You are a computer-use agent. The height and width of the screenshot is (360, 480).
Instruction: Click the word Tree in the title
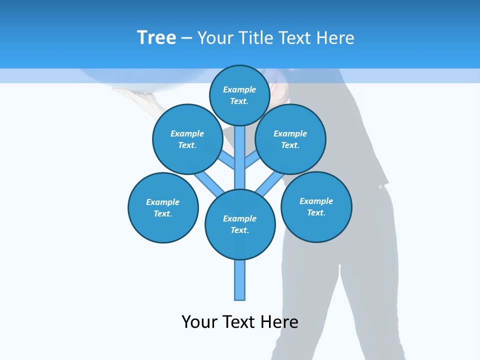(x=156, y=37)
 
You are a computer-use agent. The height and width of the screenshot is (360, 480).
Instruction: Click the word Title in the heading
(x=255, y=38)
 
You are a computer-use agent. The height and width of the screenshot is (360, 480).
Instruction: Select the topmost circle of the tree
(x=240, y=95)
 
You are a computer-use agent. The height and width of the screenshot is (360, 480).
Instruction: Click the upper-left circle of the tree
(x=187, y=139)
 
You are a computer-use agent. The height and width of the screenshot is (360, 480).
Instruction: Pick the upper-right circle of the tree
(x=290, y=139)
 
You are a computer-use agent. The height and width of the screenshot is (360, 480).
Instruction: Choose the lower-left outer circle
(x=163, y=207)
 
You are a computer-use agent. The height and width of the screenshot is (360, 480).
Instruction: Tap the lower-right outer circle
(x=316, y=206)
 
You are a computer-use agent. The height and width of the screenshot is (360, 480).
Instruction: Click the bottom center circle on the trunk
(x=240, y=224)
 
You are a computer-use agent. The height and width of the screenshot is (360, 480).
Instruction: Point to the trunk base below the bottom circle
(x=240, y=280)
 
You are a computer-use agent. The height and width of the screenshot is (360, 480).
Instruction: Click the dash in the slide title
(x=186, y=38)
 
